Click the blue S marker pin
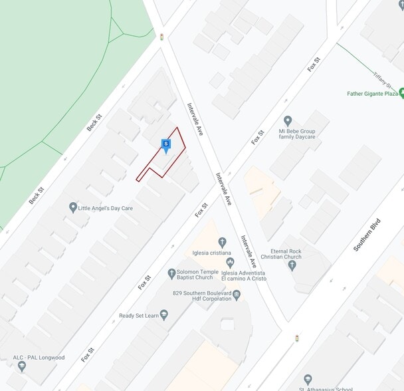(165, 145)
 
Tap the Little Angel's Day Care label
(106, 208)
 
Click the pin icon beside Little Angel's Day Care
(73, 208)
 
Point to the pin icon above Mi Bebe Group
(288, 121)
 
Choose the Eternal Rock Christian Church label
(280, 253)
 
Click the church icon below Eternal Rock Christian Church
(292, 265)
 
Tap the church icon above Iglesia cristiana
(222, 242)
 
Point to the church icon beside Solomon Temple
(171, 273)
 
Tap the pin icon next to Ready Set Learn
(164, 315)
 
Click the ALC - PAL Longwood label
(39, 358)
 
